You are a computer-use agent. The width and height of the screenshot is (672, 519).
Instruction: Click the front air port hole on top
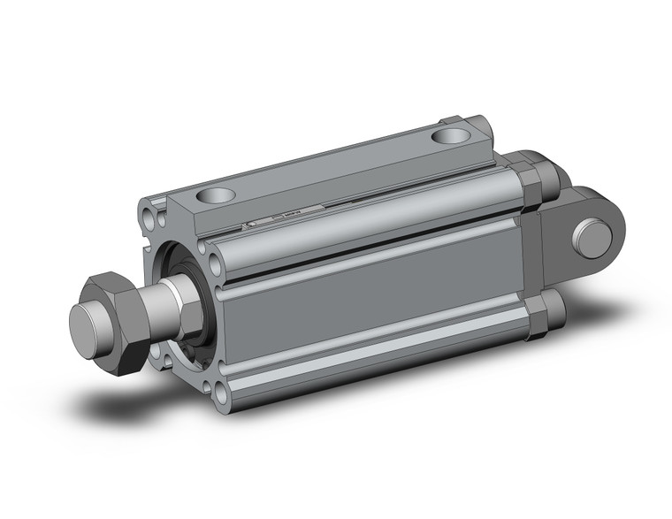point(217,195)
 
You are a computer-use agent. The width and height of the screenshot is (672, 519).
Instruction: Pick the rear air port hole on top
point(453,137)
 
